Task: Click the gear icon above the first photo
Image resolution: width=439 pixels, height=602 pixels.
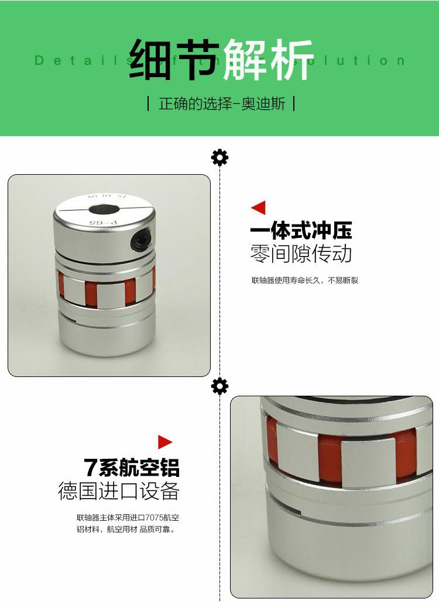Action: click(220, 157)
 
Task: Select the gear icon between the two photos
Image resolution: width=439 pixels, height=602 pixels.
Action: click(220, 386)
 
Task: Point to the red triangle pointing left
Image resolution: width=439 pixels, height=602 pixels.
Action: click(258, 207)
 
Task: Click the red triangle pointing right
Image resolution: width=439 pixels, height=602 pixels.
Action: click(165, 442)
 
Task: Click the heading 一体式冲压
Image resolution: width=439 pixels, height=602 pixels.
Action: click(301, 231)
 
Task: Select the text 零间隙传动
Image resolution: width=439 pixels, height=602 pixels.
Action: click(301, 254)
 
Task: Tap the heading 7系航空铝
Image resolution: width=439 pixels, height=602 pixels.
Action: click(132, 468)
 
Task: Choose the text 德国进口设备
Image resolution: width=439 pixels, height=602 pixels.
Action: click(118, 491)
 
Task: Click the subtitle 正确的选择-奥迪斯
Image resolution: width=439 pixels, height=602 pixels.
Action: click(222, 104)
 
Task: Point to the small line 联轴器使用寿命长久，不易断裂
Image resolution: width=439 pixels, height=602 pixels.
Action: click(304, 281)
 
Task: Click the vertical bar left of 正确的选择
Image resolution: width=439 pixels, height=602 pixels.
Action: click(149, 104)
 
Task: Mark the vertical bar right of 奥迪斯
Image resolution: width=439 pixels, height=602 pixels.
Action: click(293, 104)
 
